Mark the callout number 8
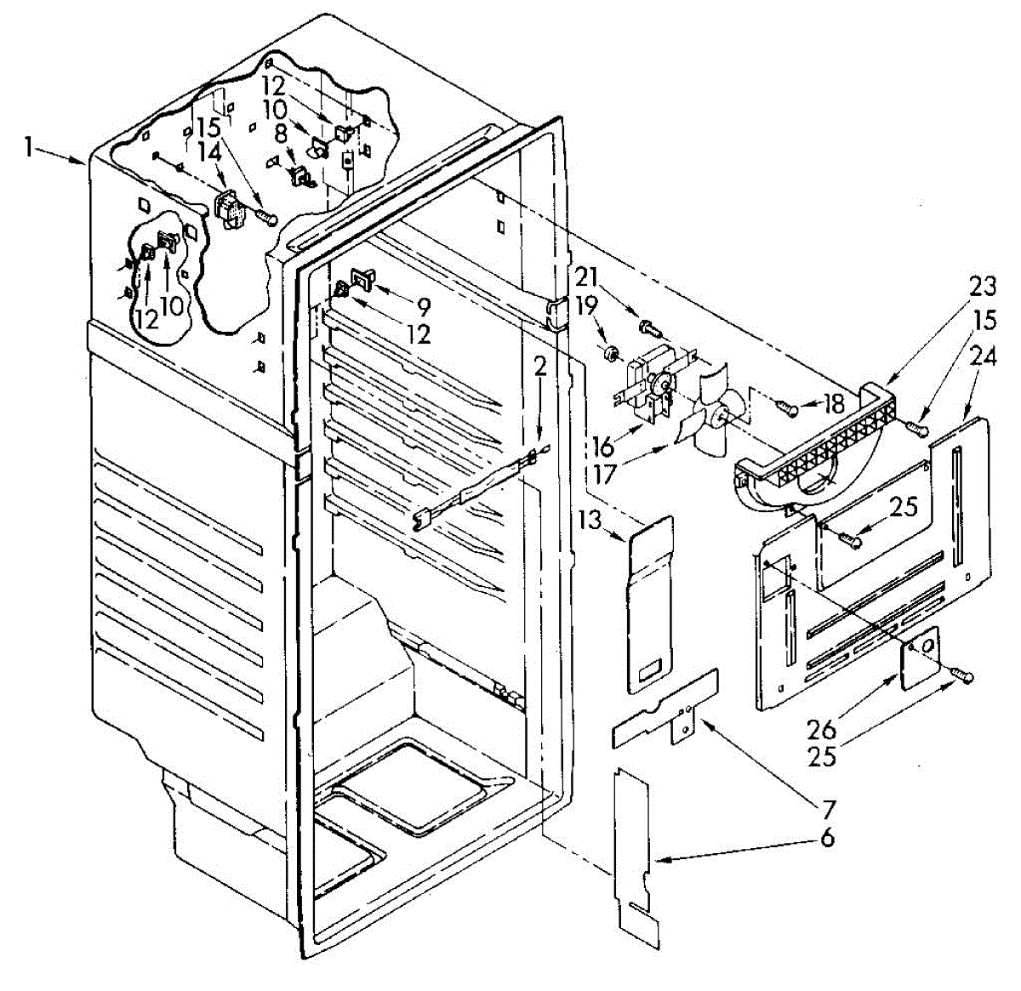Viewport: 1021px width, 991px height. [281, 134]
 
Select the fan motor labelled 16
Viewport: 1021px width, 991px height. [651, 387]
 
